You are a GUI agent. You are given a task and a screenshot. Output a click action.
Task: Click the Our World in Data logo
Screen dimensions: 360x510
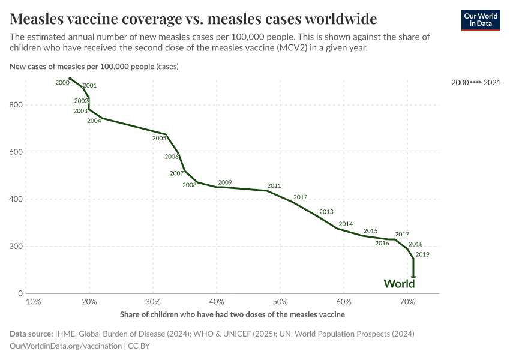pyautogui.click(x=480, y=19)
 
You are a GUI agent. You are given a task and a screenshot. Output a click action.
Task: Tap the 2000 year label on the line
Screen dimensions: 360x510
pyautogui.click(x=62, y=82)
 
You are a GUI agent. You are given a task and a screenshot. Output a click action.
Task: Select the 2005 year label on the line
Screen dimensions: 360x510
pyautogui.click(x=159, y=139)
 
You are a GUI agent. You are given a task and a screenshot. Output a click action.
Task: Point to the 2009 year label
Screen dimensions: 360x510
pyautogui.click(x=225, y=182)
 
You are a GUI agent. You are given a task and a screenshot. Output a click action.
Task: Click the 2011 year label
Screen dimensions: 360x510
pyautogui.click(x=274, y=186)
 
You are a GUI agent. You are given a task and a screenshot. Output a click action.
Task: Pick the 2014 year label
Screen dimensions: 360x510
pyautogui.click(x=346, y=224)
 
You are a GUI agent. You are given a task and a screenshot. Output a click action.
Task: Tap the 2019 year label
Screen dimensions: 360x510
pyautogui.click(x=422, y=254)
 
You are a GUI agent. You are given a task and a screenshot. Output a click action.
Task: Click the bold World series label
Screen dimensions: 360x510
pyautogui.click(x=399, y=284)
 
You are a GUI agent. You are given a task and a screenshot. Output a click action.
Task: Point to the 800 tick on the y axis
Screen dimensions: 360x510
pyautogui.click(x=16, y=105)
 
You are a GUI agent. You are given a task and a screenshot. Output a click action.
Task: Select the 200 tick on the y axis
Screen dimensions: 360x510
pyautogui.click(x=16, y=247)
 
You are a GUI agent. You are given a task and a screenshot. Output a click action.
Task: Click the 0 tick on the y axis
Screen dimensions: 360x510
pyautogui.click(x=20, y=293)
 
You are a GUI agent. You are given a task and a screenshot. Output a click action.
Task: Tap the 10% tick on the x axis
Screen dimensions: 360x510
pyautogui.click(x=34, y=302)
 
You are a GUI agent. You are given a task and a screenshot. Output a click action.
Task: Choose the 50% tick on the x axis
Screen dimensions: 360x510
pyautogui.click(x=280, y=302)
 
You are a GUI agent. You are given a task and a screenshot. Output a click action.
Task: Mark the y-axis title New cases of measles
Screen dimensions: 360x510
pyautogui.click(x=82, y=66)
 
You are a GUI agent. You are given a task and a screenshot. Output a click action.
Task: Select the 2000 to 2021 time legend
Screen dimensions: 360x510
pyautogui.click(x=476, y=82)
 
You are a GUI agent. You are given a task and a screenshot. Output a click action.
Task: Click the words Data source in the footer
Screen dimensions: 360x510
pyautogui.click(x=31, y=334)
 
